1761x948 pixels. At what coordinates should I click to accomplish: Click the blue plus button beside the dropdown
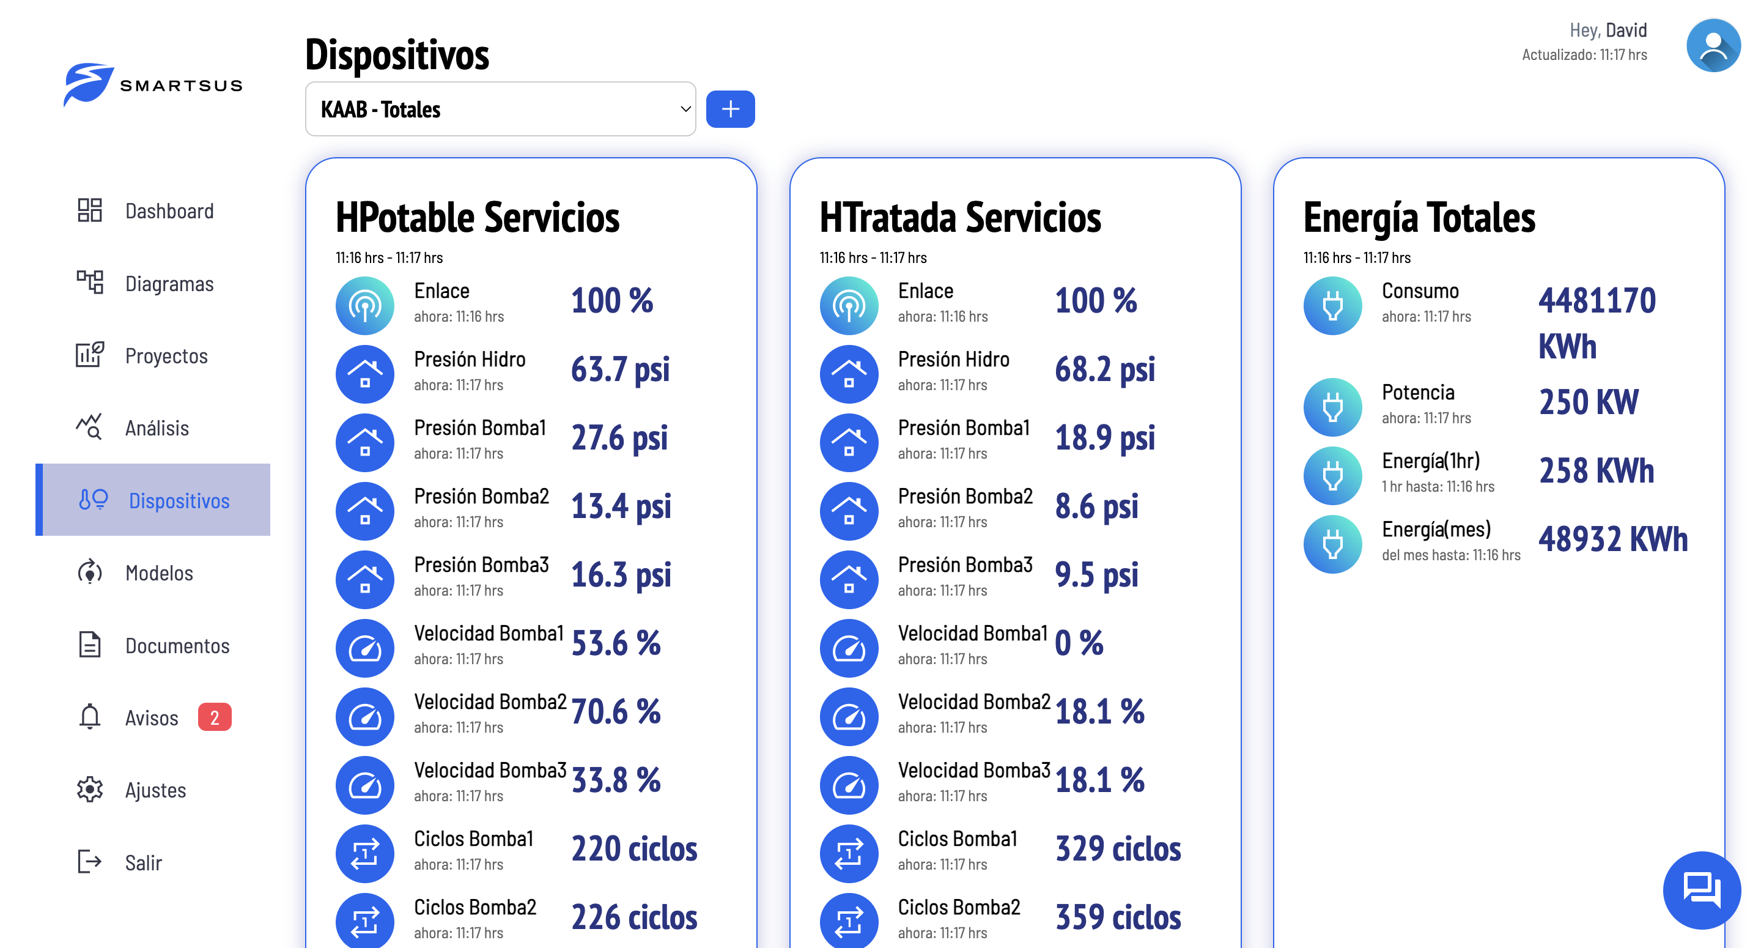pos(729,109)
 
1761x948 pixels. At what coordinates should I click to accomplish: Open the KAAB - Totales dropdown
pos(500,109)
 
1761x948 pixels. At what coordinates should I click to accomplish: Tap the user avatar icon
pos(1712,46)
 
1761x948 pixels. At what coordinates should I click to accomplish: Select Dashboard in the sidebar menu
pos(169,210)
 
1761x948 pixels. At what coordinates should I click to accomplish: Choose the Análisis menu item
pos(157,428)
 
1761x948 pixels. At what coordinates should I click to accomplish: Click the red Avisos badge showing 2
pos(215,717)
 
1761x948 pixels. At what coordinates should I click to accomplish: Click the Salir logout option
pos(143,862)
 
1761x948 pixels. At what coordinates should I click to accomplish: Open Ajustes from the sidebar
pos(155,790)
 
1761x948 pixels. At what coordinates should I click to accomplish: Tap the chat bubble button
pos(1701,889)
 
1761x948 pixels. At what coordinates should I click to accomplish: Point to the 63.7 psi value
pos(620,369)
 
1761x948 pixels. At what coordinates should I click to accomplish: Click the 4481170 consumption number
pos(1597,301)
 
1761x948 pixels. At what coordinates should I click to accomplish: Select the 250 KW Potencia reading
pos(1588,402)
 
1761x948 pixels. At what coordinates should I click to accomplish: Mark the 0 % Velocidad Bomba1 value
pos(1079,643)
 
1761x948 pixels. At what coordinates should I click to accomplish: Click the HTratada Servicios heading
pos(960,218)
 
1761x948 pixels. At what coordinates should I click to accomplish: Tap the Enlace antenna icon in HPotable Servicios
pos(365,305)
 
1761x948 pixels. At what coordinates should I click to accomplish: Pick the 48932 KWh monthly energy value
pos(1612,539)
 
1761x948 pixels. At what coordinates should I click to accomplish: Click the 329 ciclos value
pos(1118,849)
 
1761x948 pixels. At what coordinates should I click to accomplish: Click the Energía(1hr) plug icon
pos(1332,475)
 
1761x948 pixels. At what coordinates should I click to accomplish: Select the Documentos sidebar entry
pos(177,646)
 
